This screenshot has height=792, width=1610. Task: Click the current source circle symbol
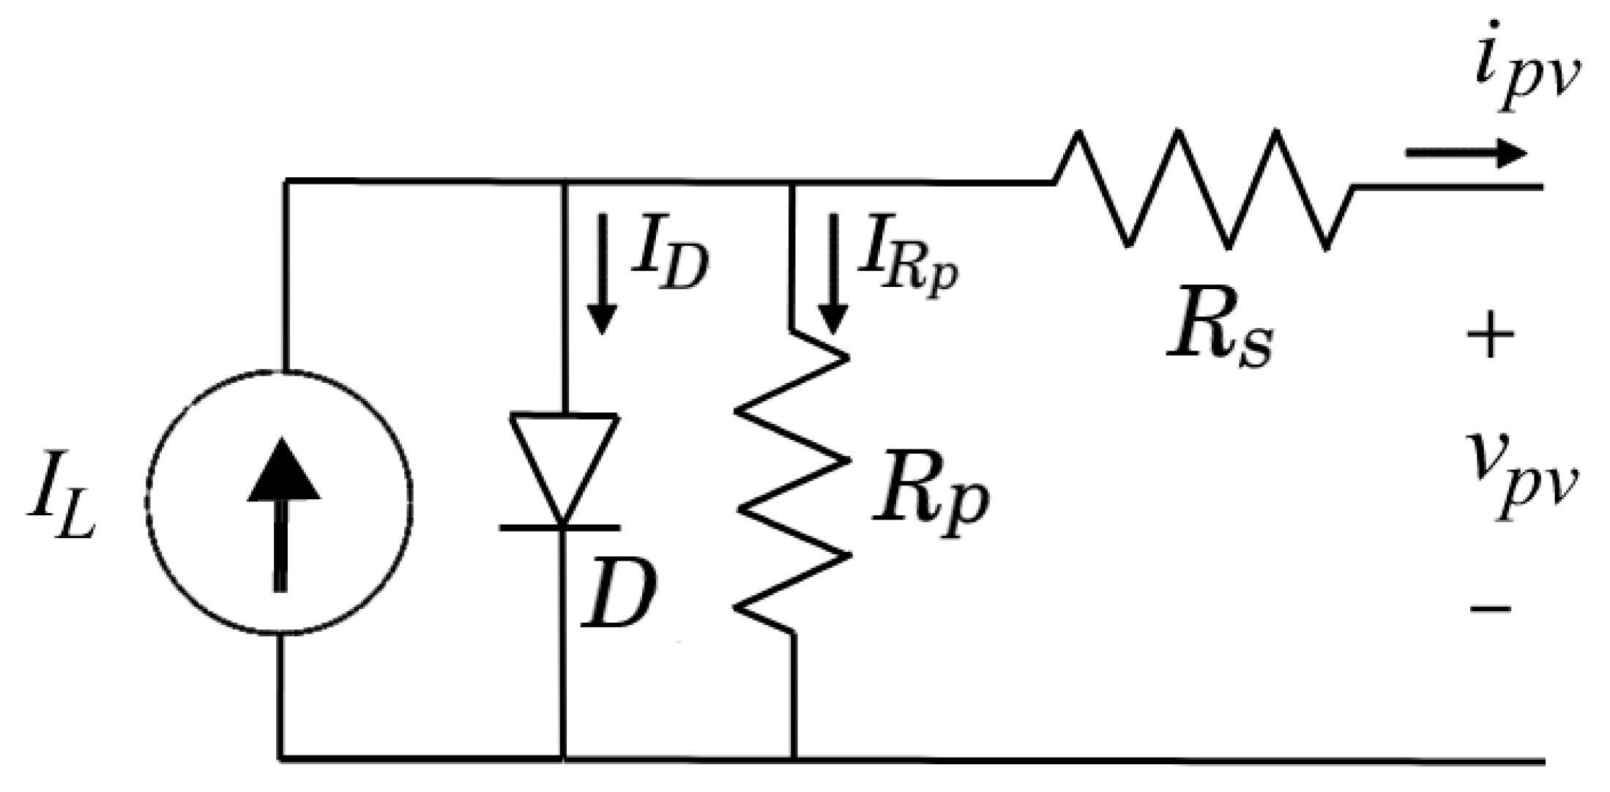coord(280,501)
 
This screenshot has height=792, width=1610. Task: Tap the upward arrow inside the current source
coord(282,512)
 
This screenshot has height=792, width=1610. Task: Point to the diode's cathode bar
coord(561,526)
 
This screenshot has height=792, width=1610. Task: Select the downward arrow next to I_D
coord(603,274)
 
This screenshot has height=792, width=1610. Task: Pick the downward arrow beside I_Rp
coord(832,274)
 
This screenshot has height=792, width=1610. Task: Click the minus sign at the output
coord(1490,608)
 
